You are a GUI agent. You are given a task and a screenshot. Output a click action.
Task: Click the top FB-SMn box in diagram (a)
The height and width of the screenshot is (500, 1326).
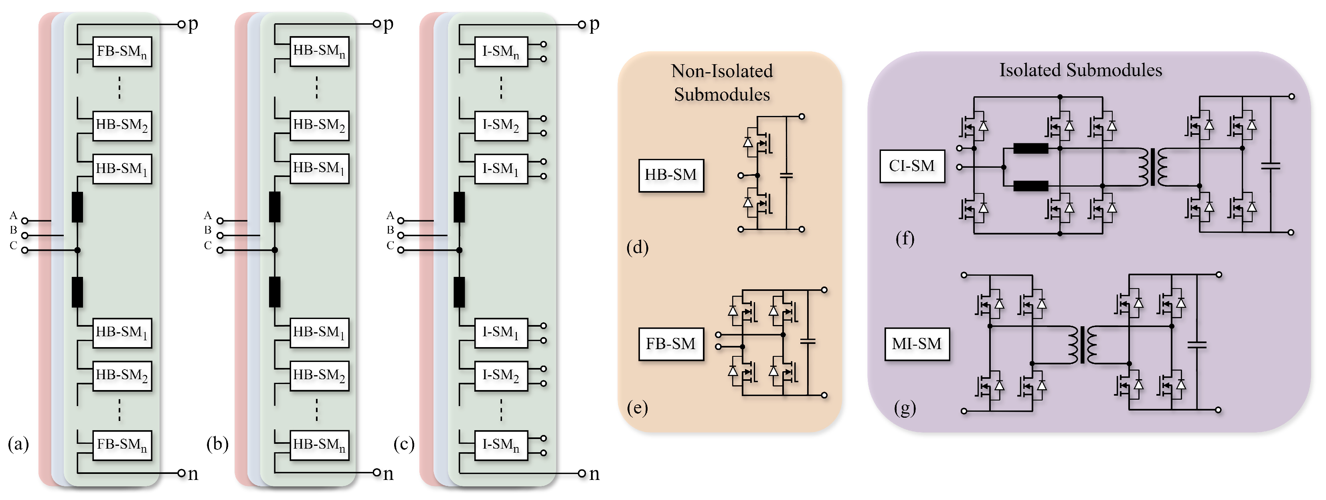click(122, 51)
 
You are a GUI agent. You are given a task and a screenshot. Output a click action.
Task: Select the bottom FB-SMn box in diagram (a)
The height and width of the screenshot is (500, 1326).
click(122, 445)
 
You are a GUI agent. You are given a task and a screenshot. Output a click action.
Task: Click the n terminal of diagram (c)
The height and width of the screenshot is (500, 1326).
click(581, 473)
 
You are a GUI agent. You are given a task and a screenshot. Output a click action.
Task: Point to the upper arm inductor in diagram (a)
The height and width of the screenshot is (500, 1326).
click(77, 207)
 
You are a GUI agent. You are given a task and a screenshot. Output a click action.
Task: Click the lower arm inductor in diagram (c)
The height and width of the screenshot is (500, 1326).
click(459, 292)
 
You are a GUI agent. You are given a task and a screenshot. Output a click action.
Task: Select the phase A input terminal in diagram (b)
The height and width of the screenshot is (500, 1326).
click(220, 221)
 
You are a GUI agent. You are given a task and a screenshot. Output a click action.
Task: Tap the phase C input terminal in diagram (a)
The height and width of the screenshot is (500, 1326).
click(24, 250)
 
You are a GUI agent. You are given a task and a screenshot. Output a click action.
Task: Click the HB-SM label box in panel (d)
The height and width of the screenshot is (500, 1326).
click(671, 175)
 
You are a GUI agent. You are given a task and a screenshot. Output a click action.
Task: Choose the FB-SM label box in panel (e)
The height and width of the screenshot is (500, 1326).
click(671, 343)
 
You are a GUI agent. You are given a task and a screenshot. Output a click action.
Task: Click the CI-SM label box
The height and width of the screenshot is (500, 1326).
click(912, 166)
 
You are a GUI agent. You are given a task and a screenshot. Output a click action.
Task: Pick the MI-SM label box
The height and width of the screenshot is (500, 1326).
click(916, 343)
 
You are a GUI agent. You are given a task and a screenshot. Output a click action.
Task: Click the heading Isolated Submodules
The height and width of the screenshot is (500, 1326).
click(1081, 71)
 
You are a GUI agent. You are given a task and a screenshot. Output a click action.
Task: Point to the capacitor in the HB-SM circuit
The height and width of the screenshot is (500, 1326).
click(786, 176)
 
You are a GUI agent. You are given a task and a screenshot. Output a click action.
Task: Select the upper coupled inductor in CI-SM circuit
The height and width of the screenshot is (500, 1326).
click(1030, 149)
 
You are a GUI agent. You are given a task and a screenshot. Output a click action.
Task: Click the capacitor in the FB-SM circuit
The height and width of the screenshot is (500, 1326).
click(808, 341)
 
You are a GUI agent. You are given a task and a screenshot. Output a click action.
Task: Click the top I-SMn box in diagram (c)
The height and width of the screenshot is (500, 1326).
click(501, 51)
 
